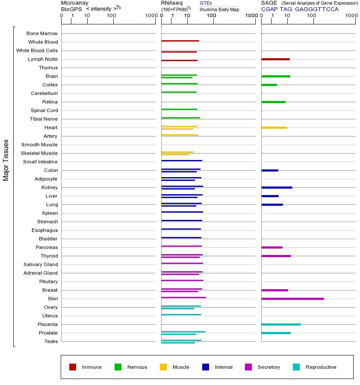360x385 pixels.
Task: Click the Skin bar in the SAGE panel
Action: pyautogui.click(x=292, y=299)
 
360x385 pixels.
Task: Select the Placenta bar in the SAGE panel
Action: pyautogui.click(x=281, y=324)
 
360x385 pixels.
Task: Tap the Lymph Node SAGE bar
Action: pyautogui.click(x=275, y=59)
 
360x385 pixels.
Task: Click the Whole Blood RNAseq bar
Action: pyautogui.click(x=180, y=41)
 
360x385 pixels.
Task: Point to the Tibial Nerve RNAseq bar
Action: pyautogui.click(x=180, y=118)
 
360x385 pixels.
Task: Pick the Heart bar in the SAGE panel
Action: pyautogui.click(x=274, y=127)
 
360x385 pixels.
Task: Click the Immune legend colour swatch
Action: pyautogui.click(x=73, y=367)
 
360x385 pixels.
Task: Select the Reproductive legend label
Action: pyautogui.click(x=321, y=367)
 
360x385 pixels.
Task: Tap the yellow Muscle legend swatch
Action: pyautogui.click(x=163, y=367)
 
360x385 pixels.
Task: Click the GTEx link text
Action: pyautogui.click(x=206, y=3)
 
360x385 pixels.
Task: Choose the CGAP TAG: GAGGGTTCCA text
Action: pyautogui.click(x=300, y=9)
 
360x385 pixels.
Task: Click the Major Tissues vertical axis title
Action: pyautogui.click(x=6, y=160)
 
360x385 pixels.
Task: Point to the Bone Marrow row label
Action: pyautogui.click(x=42, y=33)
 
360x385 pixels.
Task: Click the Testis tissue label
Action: pyautogui.click(x=51, y=341)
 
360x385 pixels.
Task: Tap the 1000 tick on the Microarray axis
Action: pyautogui.click(x=151, y=16)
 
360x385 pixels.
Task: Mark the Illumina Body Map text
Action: pyautogui.click(x=219, y=9)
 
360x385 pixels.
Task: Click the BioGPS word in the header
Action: pyautogui.click(x=71, y=9)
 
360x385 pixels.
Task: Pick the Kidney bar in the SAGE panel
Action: pyautogui.click(x=277, y=187)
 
